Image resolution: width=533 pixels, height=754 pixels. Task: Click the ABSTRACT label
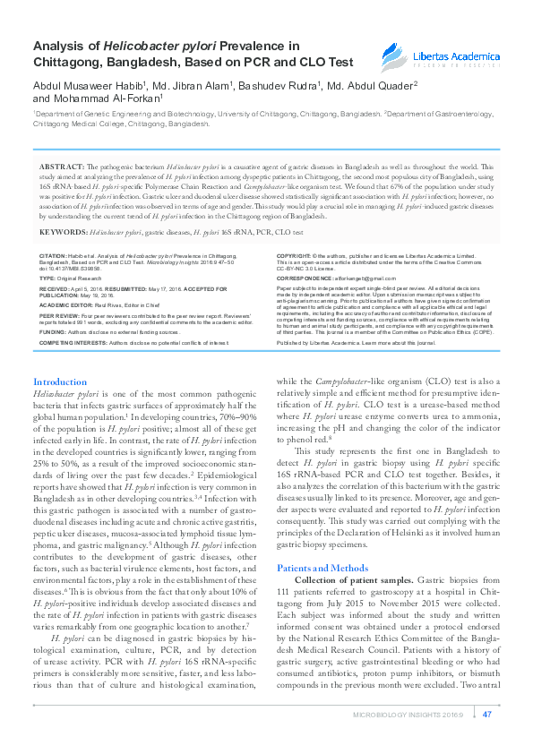(x=61, y=167)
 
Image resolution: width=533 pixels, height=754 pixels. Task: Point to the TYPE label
(x=47, y=278)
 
